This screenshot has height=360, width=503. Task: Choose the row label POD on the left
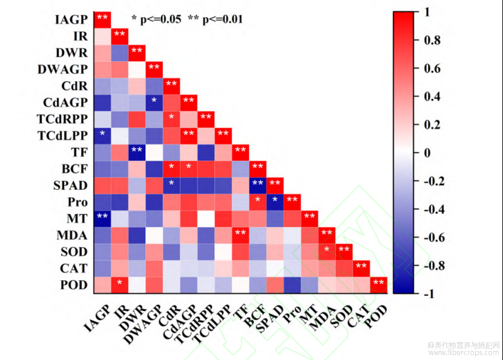pyautogui.click(x=74, y=284)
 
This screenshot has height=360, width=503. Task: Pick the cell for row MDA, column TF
pyautogui.click(x=240, y=233)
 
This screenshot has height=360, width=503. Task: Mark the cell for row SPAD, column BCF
pyautogui.click(x=258, y=183)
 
